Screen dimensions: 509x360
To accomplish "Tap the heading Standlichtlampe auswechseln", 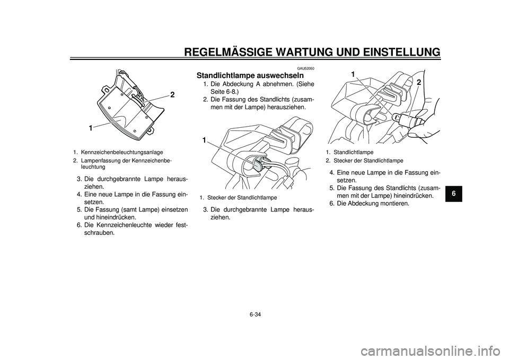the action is [250, 75].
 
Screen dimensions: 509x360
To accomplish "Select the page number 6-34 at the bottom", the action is [255, 314].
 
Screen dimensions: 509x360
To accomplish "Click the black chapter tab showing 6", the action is [453, 193].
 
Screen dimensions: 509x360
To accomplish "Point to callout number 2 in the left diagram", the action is [172, 95].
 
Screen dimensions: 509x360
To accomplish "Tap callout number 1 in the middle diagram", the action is [204, 140].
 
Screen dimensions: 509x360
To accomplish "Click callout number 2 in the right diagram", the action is [419, 83].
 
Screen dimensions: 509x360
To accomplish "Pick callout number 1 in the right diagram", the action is [353, 75].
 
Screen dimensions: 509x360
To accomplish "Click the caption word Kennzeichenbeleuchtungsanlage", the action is [122, 152].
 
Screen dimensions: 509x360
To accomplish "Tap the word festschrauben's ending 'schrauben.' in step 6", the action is [99, 233].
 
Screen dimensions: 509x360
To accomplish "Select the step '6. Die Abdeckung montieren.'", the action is [369, 204].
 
